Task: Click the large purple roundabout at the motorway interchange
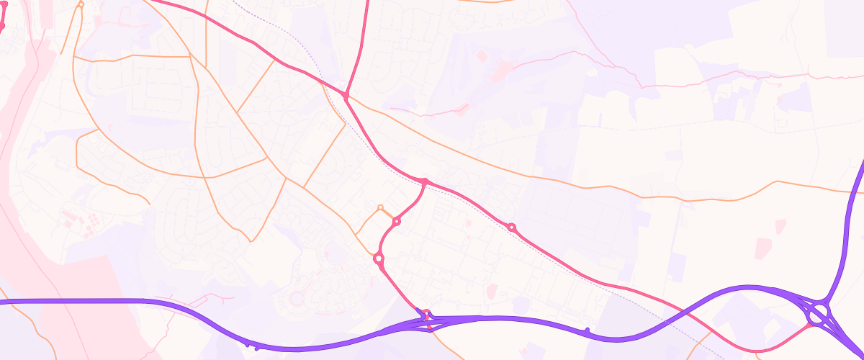coord(818,314)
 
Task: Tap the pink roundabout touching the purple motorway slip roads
coord(426,314)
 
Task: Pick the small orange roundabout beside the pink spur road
coord(380,207)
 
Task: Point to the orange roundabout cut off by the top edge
coord(81,4)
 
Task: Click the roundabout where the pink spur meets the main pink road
coord(426,181)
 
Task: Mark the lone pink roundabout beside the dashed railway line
coord(512,228)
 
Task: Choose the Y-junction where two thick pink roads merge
coord(346,95)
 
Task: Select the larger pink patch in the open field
coord(780,226)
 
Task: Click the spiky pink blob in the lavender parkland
coord(503,69)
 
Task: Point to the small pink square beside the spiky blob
coord(481,55)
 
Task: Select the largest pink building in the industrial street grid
coord(492,290)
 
